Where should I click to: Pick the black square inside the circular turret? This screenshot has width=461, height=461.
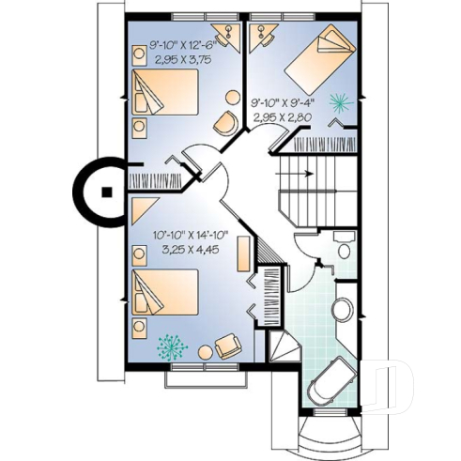click(x=107, y=191)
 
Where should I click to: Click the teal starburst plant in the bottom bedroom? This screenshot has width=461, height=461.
click(x=170, y=346)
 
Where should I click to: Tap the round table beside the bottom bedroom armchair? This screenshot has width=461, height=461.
click(x=205, y=351)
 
